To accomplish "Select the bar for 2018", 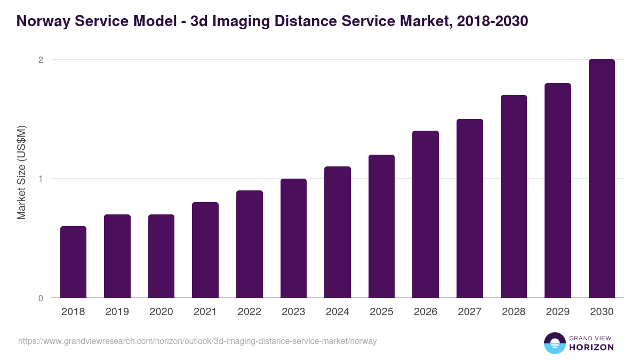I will click(73, 262).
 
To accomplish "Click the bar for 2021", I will click(205, 250).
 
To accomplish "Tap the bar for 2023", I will click(293, 238).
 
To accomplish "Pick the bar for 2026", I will click(426, 214).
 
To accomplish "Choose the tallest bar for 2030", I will click(602, 179).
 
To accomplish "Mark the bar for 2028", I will click(514, 196).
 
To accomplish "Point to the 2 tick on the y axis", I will click(41, 60).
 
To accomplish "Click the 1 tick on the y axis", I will click(41, 179).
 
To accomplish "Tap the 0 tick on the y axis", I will click(41, 298).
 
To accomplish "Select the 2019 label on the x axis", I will click(117, 312).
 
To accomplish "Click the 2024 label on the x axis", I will click(337, 312).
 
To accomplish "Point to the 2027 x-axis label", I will click(469, 312).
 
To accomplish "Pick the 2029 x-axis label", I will click(557, 312).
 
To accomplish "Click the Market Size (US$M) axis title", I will click(21, 173).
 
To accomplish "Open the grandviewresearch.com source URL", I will click(197, 341).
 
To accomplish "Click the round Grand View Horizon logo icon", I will click(555, 343).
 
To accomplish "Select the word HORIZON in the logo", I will click(592, 347).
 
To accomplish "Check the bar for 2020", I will click(161, 256).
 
